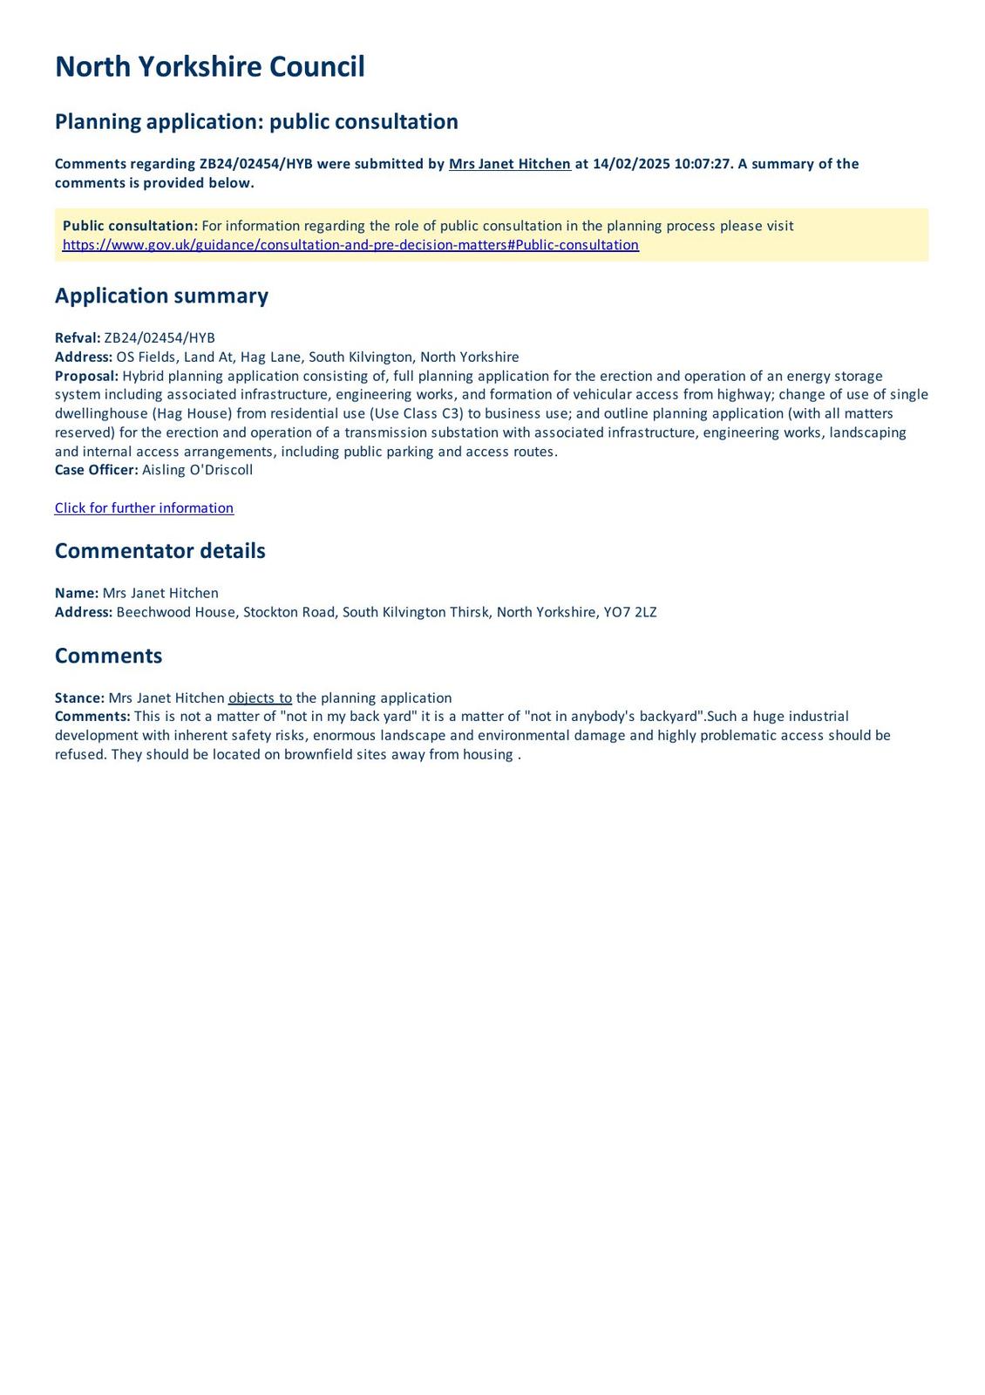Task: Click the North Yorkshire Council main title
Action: click(x=209, y=67)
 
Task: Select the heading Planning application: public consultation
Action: click(x=256, y=121)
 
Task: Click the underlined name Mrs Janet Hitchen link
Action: click(x=509, y=164)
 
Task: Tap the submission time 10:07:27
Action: click(x=702, y=164)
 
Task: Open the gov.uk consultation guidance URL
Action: click(x=350, y=245)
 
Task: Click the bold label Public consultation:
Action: click(x=130, y=226)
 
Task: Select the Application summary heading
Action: click(x=161, y=296)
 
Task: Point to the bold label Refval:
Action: click(x=78, y=338)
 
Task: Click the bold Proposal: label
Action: click(x=86, y=376)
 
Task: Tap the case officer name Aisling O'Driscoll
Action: click(x=197, y=470)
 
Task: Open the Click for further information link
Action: click(x=144, y=508)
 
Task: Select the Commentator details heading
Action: click(x=160, y=551)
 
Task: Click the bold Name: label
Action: click(x=77, y=593)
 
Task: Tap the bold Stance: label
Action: click(x=79, y=698)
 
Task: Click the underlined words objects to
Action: click(x=260, y=698)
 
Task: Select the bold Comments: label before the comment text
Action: click(x=92, y=717)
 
